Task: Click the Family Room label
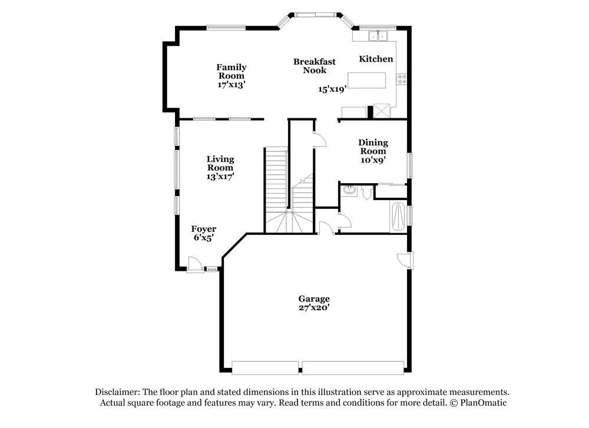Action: click(231, 71)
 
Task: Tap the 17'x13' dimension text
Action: click(231, 84)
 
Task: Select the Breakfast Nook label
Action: click(315, 65)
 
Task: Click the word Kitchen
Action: click(376, 59)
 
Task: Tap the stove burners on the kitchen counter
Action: click(402, 79)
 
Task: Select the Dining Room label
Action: click(373, 147)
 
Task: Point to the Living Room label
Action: click(220, 163)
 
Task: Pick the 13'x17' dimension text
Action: click(220, 176)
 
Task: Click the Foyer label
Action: click(204, 229)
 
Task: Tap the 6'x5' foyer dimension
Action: click(204, 238)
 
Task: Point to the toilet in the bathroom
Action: click(366, 192)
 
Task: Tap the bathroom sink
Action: click(349, 190)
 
